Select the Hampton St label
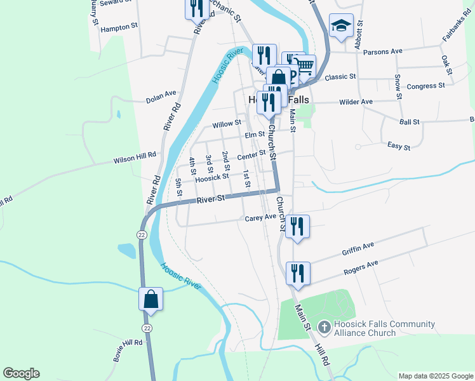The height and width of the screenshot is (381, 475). (119, 27)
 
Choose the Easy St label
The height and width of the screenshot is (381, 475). (399, 147)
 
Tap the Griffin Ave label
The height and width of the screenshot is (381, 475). (358, 246)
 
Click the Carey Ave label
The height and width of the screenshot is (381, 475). (261, 218)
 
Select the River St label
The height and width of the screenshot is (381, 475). (211, 199)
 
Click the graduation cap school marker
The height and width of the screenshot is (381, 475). (341, 25)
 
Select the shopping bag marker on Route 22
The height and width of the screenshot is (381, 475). (151, 298)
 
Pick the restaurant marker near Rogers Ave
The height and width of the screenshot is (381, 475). (298, 273)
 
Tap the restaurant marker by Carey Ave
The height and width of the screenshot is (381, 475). (297, 226)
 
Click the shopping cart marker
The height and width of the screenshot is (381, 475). (304, 66)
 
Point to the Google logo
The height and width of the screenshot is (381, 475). (22, 373)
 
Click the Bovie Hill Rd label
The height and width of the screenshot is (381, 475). (128, 351)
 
